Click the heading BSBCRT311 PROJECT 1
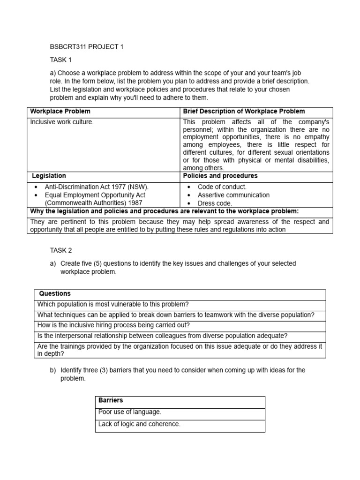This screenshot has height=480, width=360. pos(87,47)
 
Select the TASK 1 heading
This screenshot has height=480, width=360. pos(61,60)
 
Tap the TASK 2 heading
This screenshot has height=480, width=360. pos(61,250)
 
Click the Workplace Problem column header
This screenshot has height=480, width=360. pos(60,112)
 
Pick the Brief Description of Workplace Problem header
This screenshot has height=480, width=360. pos(244,112)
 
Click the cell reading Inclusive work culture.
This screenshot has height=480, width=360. pos(62,122)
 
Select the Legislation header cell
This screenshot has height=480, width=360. pos(49,176)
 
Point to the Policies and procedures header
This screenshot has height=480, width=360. pos(220,176)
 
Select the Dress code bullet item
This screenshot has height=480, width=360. pos(215,203)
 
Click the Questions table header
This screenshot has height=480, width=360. pos(55,294)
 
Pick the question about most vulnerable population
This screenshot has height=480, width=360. pos(113,304)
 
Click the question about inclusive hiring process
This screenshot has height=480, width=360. pos(113,325)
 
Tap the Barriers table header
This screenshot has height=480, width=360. pos(111,401)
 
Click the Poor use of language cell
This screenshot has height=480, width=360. pos(130,412)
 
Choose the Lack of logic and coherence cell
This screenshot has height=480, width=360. pos(139,424)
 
